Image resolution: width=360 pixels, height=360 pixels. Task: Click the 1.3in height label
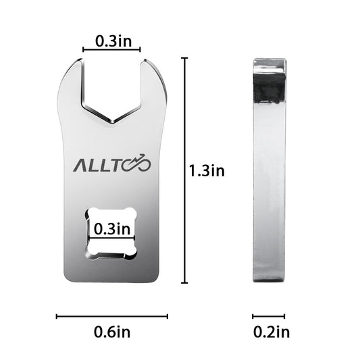207,171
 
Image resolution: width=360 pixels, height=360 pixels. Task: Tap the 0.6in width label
112,332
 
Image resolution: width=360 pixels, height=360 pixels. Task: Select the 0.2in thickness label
272,332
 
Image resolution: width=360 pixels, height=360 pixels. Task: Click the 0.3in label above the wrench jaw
113,41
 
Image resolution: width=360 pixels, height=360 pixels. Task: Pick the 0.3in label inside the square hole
112,229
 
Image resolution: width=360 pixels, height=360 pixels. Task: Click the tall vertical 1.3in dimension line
184,171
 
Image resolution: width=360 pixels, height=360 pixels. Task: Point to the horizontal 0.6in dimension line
112,316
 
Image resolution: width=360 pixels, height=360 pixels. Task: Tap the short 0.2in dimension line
269,316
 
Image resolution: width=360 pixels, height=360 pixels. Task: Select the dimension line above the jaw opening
111,49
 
